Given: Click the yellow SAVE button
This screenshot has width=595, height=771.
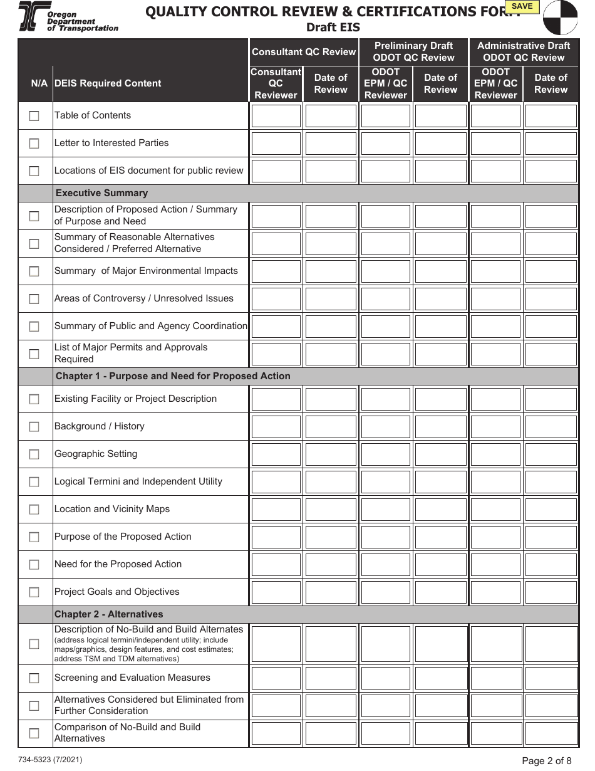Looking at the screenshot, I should point(522,7).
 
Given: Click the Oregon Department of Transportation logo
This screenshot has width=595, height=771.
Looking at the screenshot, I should point(68,17).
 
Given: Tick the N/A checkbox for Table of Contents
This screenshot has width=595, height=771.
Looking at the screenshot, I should point(34,116).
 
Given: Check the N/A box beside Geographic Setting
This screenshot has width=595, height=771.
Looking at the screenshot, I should point(34,454).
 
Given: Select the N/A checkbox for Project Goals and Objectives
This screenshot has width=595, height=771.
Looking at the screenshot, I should point(34,592).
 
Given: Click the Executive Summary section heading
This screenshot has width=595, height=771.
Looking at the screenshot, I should point(101,193).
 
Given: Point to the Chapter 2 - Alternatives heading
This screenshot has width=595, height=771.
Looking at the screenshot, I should point(108,614).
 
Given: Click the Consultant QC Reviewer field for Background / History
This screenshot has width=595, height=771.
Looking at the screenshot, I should point(276,427).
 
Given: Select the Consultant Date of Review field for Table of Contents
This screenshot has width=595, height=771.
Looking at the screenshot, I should point(331,116).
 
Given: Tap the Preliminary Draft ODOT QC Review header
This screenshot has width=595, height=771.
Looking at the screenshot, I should point(413,51).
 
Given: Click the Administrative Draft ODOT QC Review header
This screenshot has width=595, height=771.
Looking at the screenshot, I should point(524,51).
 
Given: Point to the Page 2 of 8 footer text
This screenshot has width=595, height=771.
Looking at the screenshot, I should point(546,761).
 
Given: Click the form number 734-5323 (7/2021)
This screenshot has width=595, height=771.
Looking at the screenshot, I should point(50,760).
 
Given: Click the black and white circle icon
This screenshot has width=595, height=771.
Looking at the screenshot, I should point(560,17).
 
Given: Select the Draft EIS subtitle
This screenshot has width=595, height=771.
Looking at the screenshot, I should point(333,28).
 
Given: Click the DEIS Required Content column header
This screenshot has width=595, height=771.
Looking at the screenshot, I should point(108,83).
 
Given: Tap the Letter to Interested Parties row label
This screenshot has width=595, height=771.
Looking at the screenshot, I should point(111,143).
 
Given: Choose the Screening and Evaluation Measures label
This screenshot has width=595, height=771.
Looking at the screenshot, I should point(132,678).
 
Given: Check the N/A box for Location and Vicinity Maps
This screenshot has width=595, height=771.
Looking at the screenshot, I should point(34,510).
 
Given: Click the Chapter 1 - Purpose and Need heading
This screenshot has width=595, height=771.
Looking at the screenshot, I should point(173,376).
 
